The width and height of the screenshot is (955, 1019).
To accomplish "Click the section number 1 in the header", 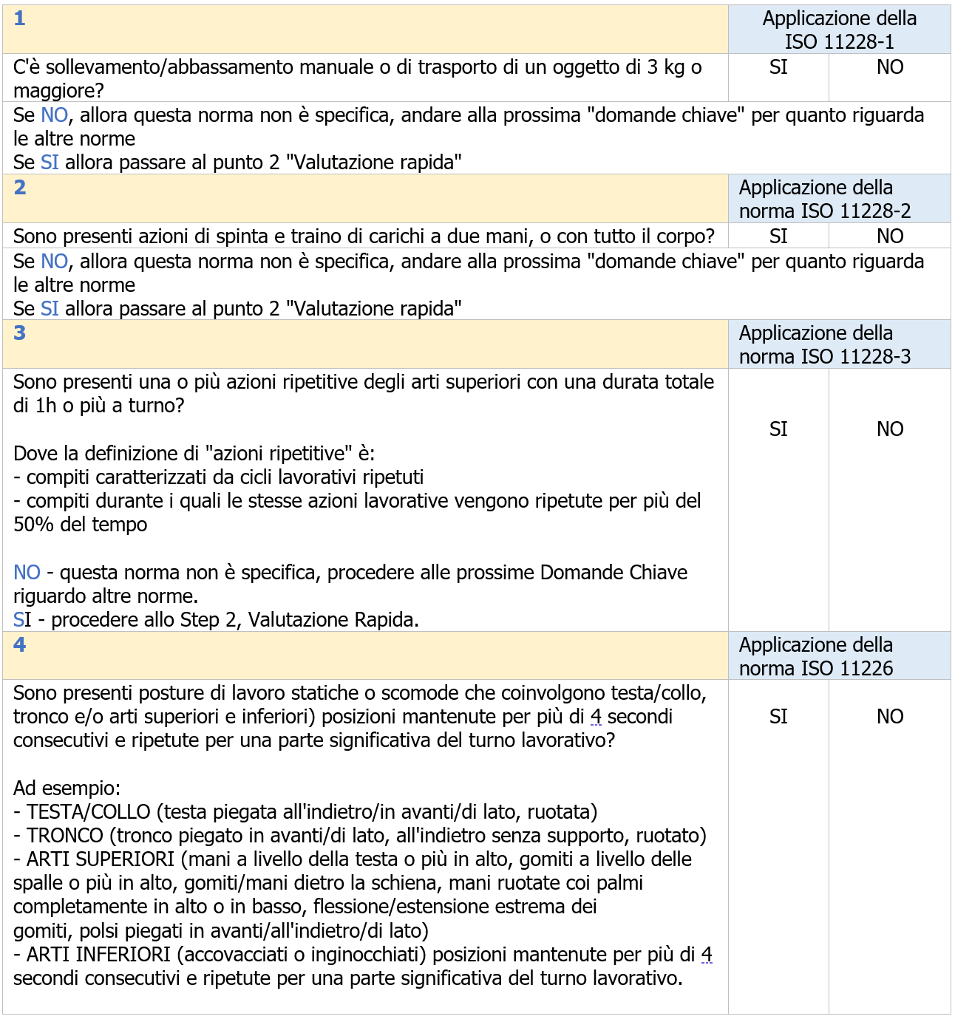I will (20, 18).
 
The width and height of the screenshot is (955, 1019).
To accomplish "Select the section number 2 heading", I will (20, 188).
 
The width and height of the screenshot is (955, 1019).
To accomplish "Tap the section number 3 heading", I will (20, 333).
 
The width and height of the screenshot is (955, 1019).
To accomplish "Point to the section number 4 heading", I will (20, 645).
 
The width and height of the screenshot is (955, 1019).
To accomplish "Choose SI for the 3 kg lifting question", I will (778, 67).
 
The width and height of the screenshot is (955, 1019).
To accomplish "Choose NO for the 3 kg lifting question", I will (890, 67).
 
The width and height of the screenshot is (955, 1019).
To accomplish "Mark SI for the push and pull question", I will (778, 236).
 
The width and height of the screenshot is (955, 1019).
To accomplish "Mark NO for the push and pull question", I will (890, 236).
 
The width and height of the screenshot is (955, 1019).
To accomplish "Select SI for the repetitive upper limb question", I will (778, 429).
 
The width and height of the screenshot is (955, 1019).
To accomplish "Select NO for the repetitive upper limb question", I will (890, 429).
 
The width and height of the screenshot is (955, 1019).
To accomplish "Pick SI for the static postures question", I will (778, 717).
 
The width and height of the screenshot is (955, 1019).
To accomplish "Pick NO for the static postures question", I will (890, 717).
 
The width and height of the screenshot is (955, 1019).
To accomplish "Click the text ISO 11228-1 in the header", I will (839, 42).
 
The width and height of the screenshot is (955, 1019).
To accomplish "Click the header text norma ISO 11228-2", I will (825, 211).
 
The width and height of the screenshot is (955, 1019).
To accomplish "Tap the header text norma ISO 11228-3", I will (825, 357).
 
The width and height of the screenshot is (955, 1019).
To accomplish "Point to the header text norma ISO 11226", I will (816, 669).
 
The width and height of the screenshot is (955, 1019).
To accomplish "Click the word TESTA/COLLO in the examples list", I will (89, 812).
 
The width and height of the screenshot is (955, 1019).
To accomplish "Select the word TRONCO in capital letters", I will (65, 836).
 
